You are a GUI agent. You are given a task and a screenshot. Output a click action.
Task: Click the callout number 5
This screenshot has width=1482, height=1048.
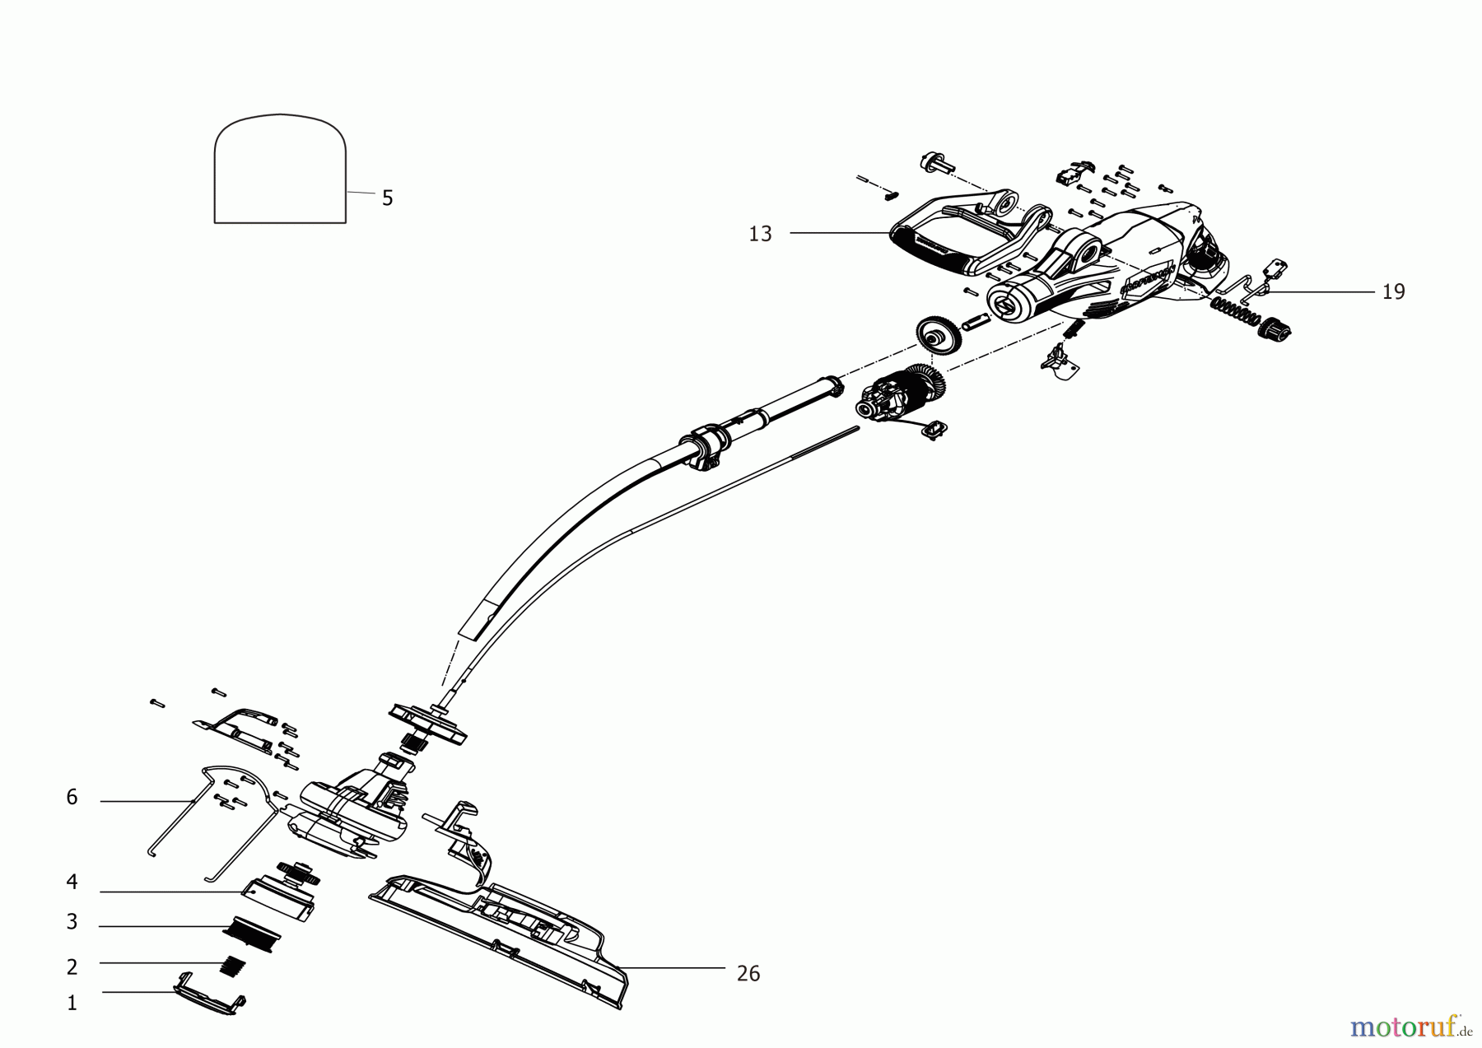click(387, 198)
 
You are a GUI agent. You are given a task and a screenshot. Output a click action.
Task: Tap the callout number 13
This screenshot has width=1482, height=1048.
click(760, 234)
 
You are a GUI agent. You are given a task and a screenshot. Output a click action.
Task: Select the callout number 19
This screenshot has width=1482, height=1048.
click(1393, 292)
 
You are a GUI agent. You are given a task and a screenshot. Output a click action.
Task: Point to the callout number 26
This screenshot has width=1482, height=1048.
click(748, 974)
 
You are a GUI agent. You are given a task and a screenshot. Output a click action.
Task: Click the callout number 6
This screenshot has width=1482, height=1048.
click(72, 798)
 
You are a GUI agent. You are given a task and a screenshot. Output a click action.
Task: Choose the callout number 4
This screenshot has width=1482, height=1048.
click(72, 883)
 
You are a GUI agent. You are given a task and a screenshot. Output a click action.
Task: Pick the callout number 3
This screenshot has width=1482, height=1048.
click(72, 922)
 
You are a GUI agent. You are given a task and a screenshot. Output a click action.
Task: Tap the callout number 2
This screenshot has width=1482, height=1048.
click(72, 967)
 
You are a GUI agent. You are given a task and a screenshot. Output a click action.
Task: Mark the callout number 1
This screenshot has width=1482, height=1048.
click(72, 1004)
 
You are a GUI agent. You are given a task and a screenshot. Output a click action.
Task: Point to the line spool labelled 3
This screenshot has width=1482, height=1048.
click(250, 934)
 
